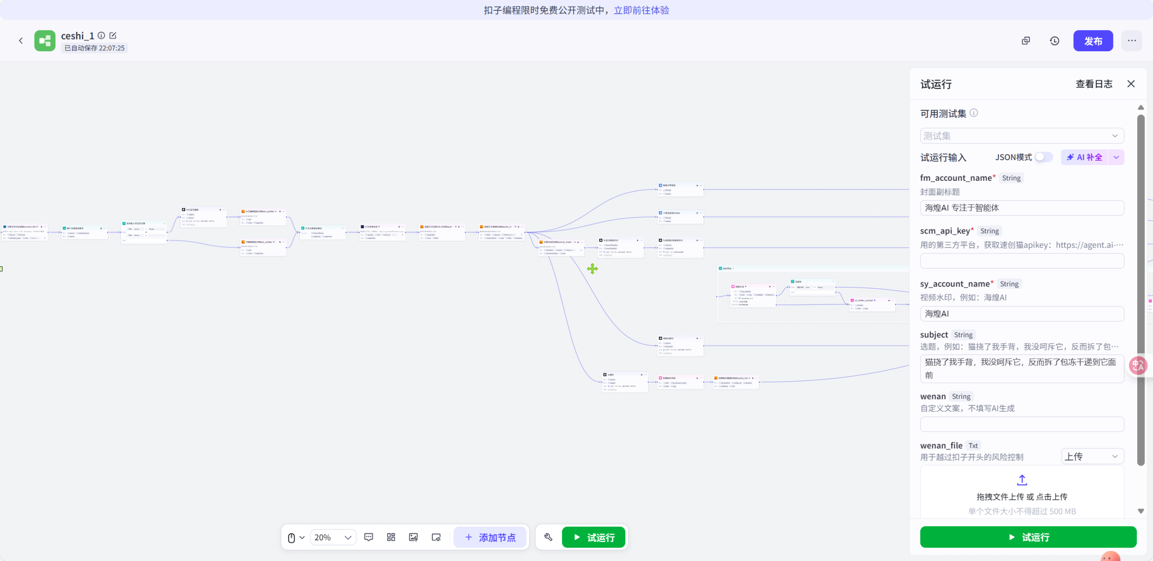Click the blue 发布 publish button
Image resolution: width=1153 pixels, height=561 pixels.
[1093, 41]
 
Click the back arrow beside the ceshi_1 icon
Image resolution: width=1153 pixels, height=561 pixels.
[21, 41]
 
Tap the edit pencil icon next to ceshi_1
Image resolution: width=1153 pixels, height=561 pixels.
[113, 36]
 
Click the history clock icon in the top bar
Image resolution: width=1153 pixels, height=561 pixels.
[1054, 41]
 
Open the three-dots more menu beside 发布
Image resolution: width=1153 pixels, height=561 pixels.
[1131, 41]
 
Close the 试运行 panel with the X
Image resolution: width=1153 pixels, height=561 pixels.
[1131, 84]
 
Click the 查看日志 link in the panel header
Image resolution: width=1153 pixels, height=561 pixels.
[1094, 84]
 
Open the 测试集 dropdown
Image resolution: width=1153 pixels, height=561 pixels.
[1021, 136]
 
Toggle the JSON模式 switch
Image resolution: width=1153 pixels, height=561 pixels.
[1043, 157]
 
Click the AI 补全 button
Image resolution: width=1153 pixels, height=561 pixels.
[1085, 157]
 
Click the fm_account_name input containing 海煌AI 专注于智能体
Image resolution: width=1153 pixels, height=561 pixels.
[1021, 208]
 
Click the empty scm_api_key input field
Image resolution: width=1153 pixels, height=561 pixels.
[1021, 261]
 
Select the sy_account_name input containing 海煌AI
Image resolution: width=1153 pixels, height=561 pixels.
[1021, 314]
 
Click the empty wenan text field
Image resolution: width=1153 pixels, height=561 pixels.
[1021, 424]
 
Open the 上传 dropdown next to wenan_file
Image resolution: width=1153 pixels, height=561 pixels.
[1092, 457]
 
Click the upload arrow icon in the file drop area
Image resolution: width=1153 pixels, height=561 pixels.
[1022, 480]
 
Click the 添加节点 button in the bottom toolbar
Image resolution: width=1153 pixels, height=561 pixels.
[490, 538]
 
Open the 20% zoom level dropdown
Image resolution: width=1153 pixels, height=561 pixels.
[333, 538]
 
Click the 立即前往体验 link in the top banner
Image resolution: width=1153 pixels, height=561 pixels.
[641, 10]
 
